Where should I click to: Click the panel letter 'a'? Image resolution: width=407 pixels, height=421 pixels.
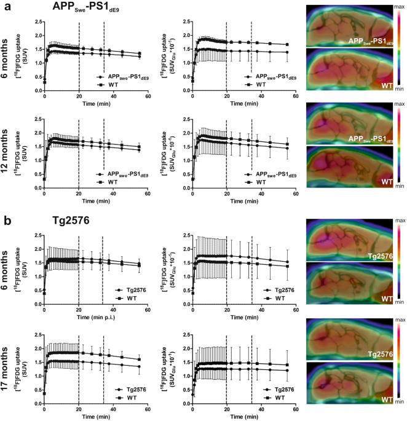click(x=5, y=6)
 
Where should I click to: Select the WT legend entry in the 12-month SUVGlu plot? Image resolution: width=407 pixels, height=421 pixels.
click(x=251, y=183)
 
